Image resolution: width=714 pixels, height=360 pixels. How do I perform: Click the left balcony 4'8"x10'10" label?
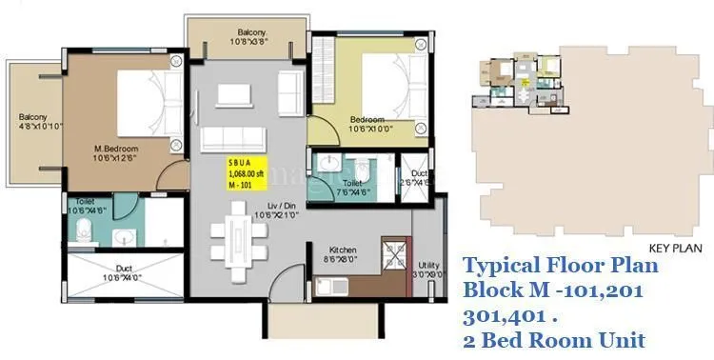(34, 123)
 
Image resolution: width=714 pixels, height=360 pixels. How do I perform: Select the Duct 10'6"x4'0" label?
(125, 273)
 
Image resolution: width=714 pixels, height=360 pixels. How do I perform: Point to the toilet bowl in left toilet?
(84, 230)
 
